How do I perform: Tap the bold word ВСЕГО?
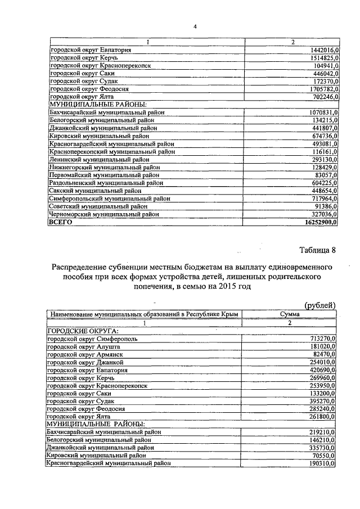click(62, 223)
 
